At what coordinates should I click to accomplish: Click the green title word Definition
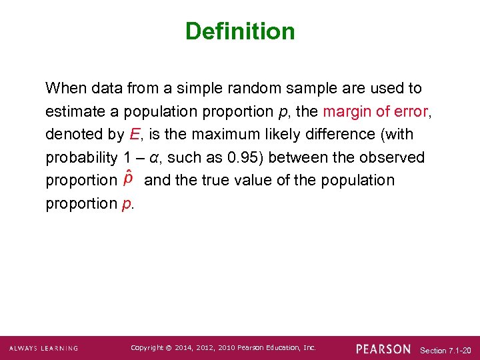(x=240, y=31)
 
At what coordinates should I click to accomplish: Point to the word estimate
(x=72, y=111)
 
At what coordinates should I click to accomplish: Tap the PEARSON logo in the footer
(x=383, y=349)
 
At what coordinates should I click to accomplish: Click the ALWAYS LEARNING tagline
(x=44, y=349)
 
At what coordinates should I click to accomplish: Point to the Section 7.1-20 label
(x=445, y=350)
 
